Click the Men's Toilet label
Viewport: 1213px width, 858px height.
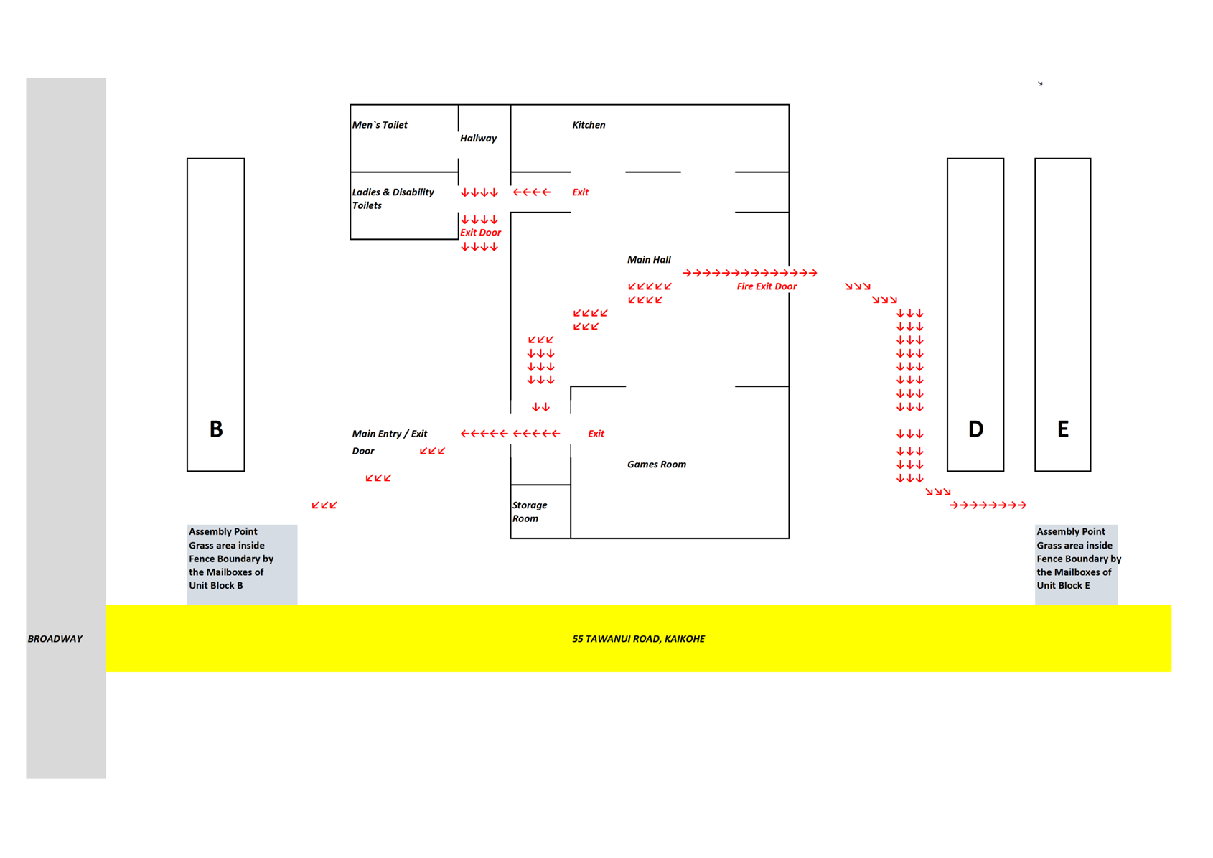click(380, 125)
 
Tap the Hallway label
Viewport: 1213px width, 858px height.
click(478, 139)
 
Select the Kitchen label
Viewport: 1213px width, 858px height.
click(589, 125)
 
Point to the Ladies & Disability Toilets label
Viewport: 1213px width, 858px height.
click(393, 199)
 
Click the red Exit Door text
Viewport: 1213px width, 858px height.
click(480, 233)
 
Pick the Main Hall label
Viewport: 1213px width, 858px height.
click(649, 260)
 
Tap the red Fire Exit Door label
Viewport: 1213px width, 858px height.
click(767, 286)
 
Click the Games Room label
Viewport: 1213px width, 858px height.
click(656, 465)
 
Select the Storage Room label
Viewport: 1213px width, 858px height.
click(530, 512)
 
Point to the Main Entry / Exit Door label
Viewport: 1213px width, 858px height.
click(389, 442)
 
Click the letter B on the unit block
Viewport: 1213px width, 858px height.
click(216, 429)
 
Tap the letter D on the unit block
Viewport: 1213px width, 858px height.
click(976, 429)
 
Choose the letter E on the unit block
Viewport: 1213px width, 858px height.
click(1063, 429)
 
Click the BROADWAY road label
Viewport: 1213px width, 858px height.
click(55, 639)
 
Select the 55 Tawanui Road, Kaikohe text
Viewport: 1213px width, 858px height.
click(639, 639)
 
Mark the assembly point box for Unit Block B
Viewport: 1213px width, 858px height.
click(242, 565)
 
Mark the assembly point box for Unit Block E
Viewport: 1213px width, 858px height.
click(1077, 565)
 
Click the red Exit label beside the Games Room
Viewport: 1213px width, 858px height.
click(596, 434)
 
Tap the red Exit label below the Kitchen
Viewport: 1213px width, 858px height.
click(581, 192)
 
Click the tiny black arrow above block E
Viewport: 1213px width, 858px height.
click(1040, 83)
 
